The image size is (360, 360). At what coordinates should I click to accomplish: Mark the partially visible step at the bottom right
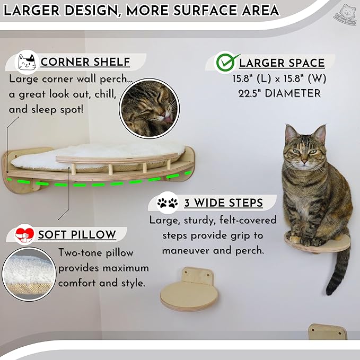coord(328,332)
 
